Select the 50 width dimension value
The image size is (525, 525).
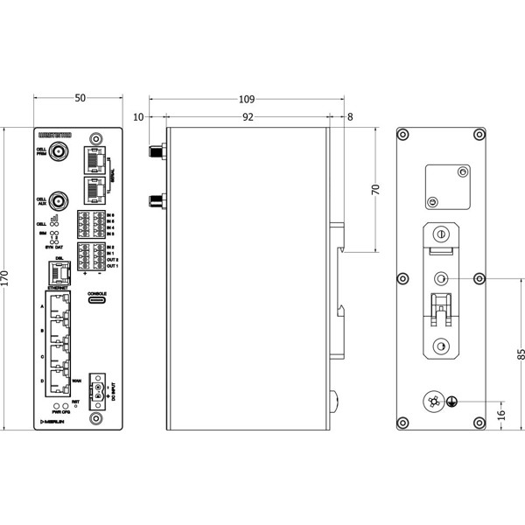click(80, 100)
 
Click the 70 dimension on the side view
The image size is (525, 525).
click(376, 191)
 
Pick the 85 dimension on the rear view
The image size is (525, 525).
click(521, 354)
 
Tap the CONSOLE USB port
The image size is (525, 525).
click(97, 298)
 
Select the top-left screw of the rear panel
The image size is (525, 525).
click(403, 135)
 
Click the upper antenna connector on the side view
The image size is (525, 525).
click(154, 154)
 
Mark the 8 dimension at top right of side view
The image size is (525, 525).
click(350, 116)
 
